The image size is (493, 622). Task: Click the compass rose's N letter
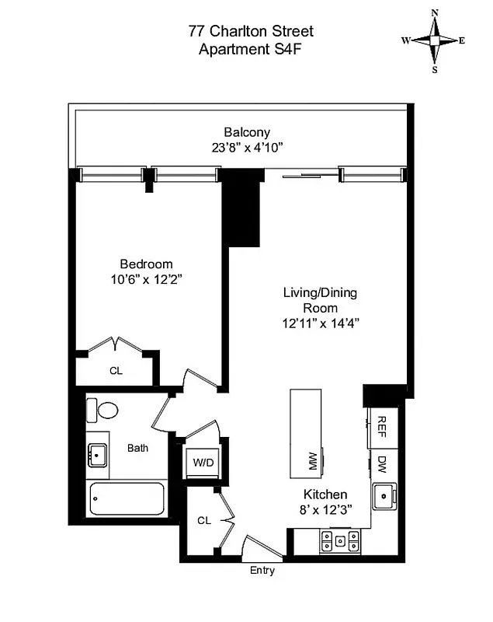pos(435,12)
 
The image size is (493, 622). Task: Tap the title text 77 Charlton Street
pos(251,32)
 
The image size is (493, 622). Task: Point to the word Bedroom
pos(146,264)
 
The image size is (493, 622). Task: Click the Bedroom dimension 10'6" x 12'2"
pos(146,278)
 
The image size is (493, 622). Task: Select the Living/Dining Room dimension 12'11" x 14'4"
pos(321,322)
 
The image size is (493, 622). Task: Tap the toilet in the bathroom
pos(102,409)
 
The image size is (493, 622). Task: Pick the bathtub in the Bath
pos(127,498)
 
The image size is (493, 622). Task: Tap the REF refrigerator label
pos(382,425)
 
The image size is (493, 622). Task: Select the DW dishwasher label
pos(382,465)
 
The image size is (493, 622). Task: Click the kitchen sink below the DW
pos(383,495)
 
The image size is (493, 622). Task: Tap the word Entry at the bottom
pos(262,571)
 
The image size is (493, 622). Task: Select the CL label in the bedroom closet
pos(116,371)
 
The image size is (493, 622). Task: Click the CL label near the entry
pos(204,520)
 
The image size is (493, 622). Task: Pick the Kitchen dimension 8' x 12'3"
pos(325,509)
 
